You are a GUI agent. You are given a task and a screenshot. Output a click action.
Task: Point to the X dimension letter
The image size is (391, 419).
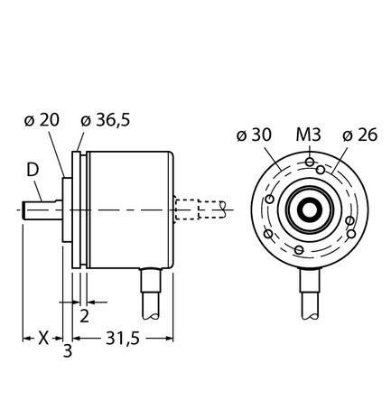click(42, 340)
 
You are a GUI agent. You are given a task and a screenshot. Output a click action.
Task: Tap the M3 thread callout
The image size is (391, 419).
click(309, 135)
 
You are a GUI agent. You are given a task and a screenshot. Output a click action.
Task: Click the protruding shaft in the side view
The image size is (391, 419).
click(42, 209)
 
